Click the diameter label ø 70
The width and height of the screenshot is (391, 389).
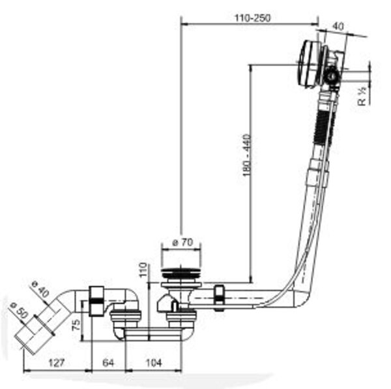coord(181,243)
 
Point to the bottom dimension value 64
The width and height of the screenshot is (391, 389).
coord(108,363)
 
